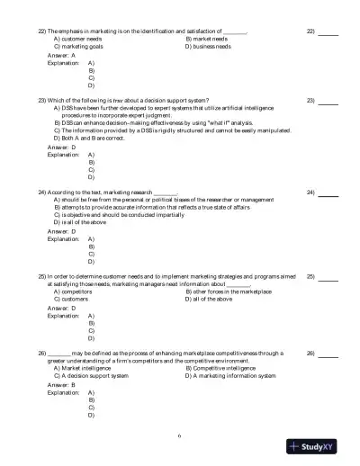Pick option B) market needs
click(206, 40)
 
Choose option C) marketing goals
click(78, 47)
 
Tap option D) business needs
click(210, 47)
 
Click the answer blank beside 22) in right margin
click(328, 32)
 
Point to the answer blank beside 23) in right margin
click(328, 100)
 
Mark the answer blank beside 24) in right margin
click(328, 193)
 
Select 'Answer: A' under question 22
click(61, 56)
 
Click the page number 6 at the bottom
click(179, 436)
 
